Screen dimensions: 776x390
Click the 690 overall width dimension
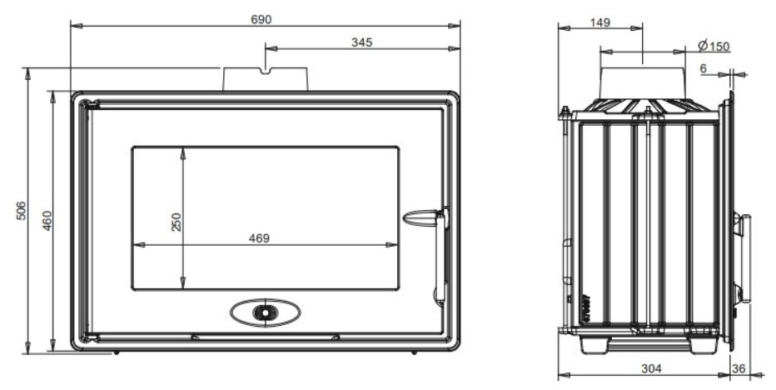(261, 19)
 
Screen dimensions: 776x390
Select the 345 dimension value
(361, 42)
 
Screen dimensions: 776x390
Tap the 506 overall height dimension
(21, 211)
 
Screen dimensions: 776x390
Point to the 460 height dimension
(47, 221)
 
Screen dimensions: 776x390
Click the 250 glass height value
(176, 222)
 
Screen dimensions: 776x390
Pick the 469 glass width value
(259, 238)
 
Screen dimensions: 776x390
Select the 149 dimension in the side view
(599, 22)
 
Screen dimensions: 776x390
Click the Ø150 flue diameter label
(714, 46)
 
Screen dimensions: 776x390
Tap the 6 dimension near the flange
(704, 68)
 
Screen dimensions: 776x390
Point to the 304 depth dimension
(651, 368)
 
